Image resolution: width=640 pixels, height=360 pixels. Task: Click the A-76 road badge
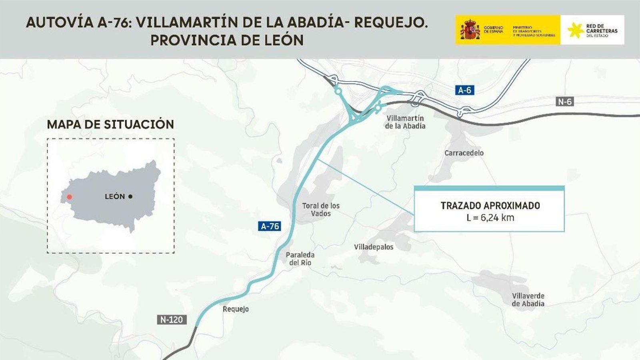[270, 226]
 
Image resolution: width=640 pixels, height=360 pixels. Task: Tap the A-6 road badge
[464, 90]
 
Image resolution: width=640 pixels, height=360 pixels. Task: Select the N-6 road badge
[565, 102]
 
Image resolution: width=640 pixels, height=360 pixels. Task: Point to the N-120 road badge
[172, 320]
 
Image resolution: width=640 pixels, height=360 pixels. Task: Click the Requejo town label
[236, 309]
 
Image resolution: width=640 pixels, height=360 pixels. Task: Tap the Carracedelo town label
[464, 153]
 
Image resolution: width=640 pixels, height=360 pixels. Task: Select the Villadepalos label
[374, 247]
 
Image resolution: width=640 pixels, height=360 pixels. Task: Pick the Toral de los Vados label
[321, 210]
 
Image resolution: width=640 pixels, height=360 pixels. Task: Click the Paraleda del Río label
[300, 259]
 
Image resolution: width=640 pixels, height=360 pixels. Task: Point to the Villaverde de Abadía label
[528, 300]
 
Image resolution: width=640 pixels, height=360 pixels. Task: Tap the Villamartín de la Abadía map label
[405, 122]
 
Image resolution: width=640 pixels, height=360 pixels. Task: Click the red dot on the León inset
[70, 197]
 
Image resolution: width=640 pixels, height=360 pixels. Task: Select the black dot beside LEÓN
[130, 196]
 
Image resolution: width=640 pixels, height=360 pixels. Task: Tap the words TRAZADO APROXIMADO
[490, 206]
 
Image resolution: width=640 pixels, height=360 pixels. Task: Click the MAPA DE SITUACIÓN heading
[110, 124]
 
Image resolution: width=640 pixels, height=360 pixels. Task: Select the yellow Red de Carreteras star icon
[575, 30]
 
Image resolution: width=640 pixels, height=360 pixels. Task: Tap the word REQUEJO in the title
[390, 22]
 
